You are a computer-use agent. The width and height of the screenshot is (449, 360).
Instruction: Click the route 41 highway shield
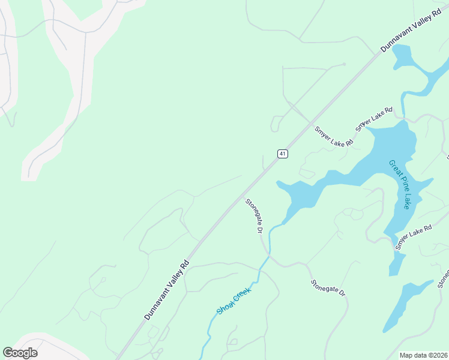(x=282, y=154)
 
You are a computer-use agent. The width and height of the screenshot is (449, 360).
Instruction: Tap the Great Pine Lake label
(x=399, y=184)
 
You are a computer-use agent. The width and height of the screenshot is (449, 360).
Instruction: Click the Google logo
(x=20, y=353)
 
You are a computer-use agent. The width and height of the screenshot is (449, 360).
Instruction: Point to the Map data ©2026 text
(x=424, y=355)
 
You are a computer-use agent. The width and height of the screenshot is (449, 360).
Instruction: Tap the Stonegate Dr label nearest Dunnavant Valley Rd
(x=255, y=216)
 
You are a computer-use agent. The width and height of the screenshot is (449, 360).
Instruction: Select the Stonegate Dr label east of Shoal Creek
(x=328, y=288)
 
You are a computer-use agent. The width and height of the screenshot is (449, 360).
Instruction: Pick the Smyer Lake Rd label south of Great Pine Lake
(x=414, y=237)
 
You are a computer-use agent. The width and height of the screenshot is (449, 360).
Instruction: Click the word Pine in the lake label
(x=400, y=184)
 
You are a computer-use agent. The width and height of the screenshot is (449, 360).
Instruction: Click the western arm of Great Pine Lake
(x=300, y=192)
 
